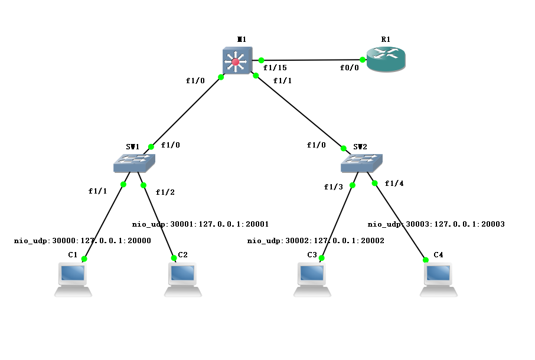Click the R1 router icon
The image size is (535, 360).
coord(386,60)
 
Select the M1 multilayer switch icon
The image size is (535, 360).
coord(237,61)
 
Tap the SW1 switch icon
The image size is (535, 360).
coord(134,163)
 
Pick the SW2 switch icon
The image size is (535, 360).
coord(361,162)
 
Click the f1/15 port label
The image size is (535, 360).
coord(275,68)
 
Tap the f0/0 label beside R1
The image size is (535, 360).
coord(349,68)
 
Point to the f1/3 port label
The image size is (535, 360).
coord(333,187)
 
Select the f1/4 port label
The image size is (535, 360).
coord(394,184)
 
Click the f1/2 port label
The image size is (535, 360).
coord(165,192)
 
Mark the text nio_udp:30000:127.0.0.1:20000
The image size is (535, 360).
coord(83,241)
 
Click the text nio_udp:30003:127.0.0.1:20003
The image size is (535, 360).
coord(436,224)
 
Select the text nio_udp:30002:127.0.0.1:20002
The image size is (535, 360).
coord(315,241)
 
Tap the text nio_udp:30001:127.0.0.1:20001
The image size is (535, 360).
coord(200,224)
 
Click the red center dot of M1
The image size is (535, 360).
coord(236,62)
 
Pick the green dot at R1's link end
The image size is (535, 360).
coord(361,60)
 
